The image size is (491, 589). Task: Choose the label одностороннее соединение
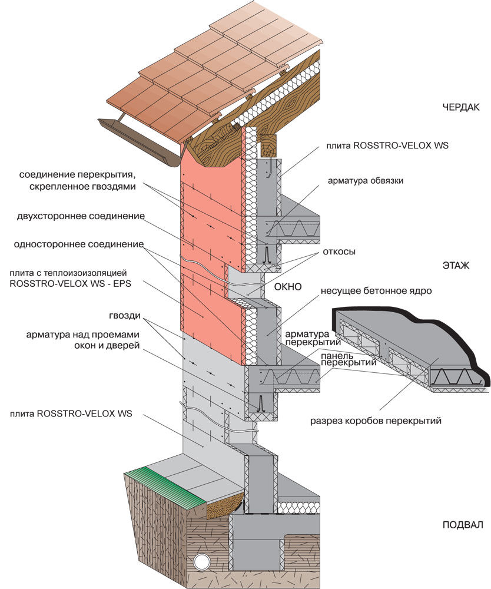tap(81, 244)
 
